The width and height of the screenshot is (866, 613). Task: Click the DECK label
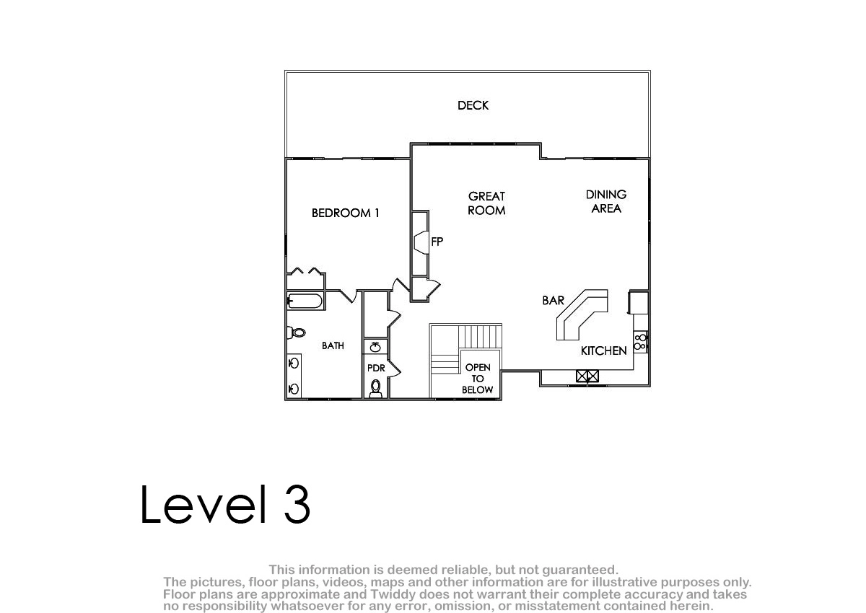point(473,105)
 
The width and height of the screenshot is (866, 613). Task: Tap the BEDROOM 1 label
point(345,213)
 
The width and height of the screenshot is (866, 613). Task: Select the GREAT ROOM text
point(486,203)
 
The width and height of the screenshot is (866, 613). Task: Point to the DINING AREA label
point(605,201)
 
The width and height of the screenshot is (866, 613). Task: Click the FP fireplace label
point(437,242)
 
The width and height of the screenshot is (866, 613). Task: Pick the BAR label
point(553,300)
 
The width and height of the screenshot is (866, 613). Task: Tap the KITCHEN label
point(603,350)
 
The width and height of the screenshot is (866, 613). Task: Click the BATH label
point(333,345)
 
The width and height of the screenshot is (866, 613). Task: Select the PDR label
point(376,368)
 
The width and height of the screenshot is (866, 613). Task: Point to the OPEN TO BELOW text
point(478,379)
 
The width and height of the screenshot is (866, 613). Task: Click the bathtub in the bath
point(305,301)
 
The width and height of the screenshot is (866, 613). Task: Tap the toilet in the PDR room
point(375,388)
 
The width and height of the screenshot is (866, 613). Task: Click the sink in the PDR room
point(375,347)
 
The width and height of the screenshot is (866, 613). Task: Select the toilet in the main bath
point(296,332)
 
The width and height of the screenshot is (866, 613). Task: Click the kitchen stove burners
point(640,342)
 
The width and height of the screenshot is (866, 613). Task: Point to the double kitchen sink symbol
point(587,376)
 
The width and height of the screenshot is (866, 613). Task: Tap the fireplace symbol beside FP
point(421,242)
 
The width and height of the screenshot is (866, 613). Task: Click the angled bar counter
point(582,315)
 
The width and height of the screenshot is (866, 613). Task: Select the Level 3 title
point(225,504)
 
